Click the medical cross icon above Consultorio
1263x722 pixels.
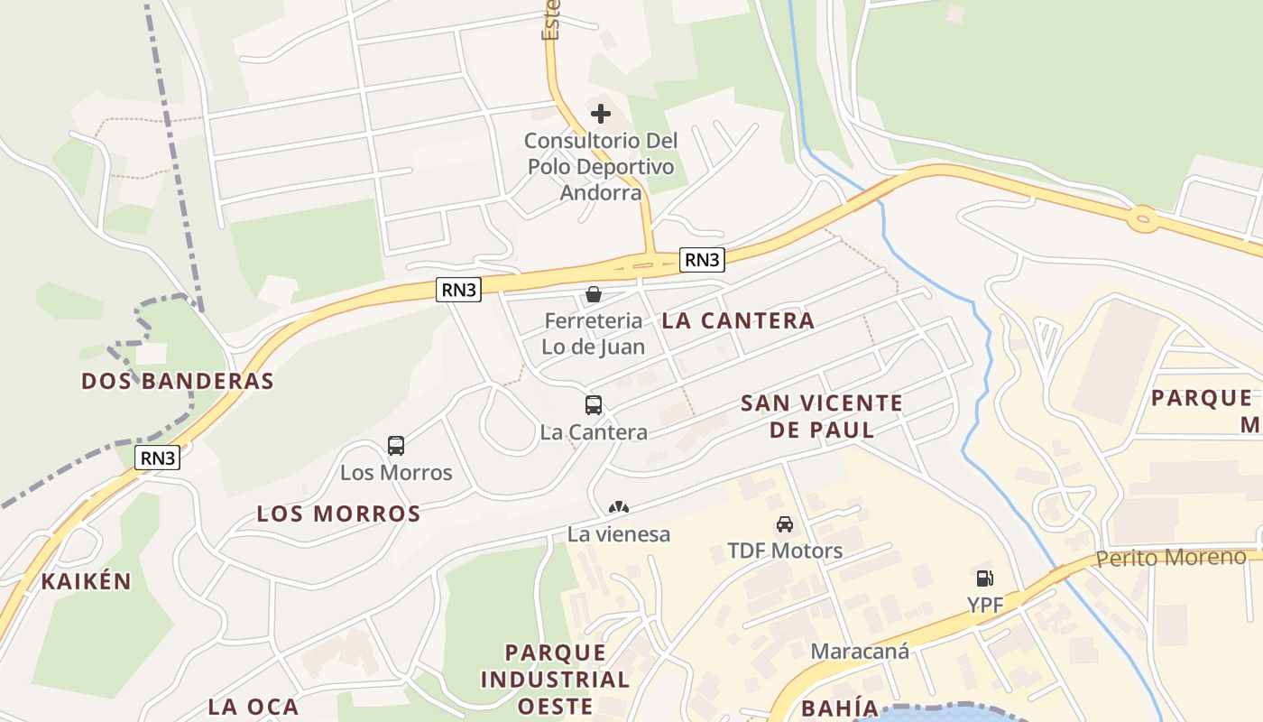click(x=601, y=114)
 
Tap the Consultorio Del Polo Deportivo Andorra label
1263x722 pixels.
click(x=601, y=167)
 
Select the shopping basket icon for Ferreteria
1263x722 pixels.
click(x=594, y=294)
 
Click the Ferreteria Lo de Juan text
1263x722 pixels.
click(x=594, y=333)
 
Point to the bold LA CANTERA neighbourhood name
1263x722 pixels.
click(x=738, y=320)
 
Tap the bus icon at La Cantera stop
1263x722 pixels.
click(x=594, y=405)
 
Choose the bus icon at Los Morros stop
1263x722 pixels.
click(x=396, y=445)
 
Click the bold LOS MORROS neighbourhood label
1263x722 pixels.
click(x=339, y=514)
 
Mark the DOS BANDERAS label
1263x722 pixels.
click(x=178, y=381)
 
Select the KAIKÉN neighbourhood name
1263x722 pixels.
click(x=87, y=581)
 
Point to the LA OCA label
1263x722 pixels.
click(x=254, y=706)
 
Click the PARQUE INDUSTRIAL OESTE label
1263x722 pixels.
click(x=555, y=679)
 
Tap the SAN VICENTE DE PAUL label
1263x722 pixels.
click(x=822, y=416)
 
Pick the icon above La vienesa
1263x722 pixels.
click(x=619, y=508)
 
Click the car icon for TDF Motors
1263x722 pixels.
click(x=785, y=524)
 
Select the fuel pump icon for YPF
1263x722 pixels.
click(x=984, y=579)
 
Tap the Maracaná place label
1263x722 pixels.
click(x=860, y=651)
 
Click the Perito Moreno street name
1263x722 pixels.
click(x=1171, y=557)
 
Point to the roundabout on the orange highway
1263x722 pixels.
click(x=1143, y=218)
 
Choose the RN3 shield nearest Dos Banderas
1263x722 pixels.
click(x=158, y=458)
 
